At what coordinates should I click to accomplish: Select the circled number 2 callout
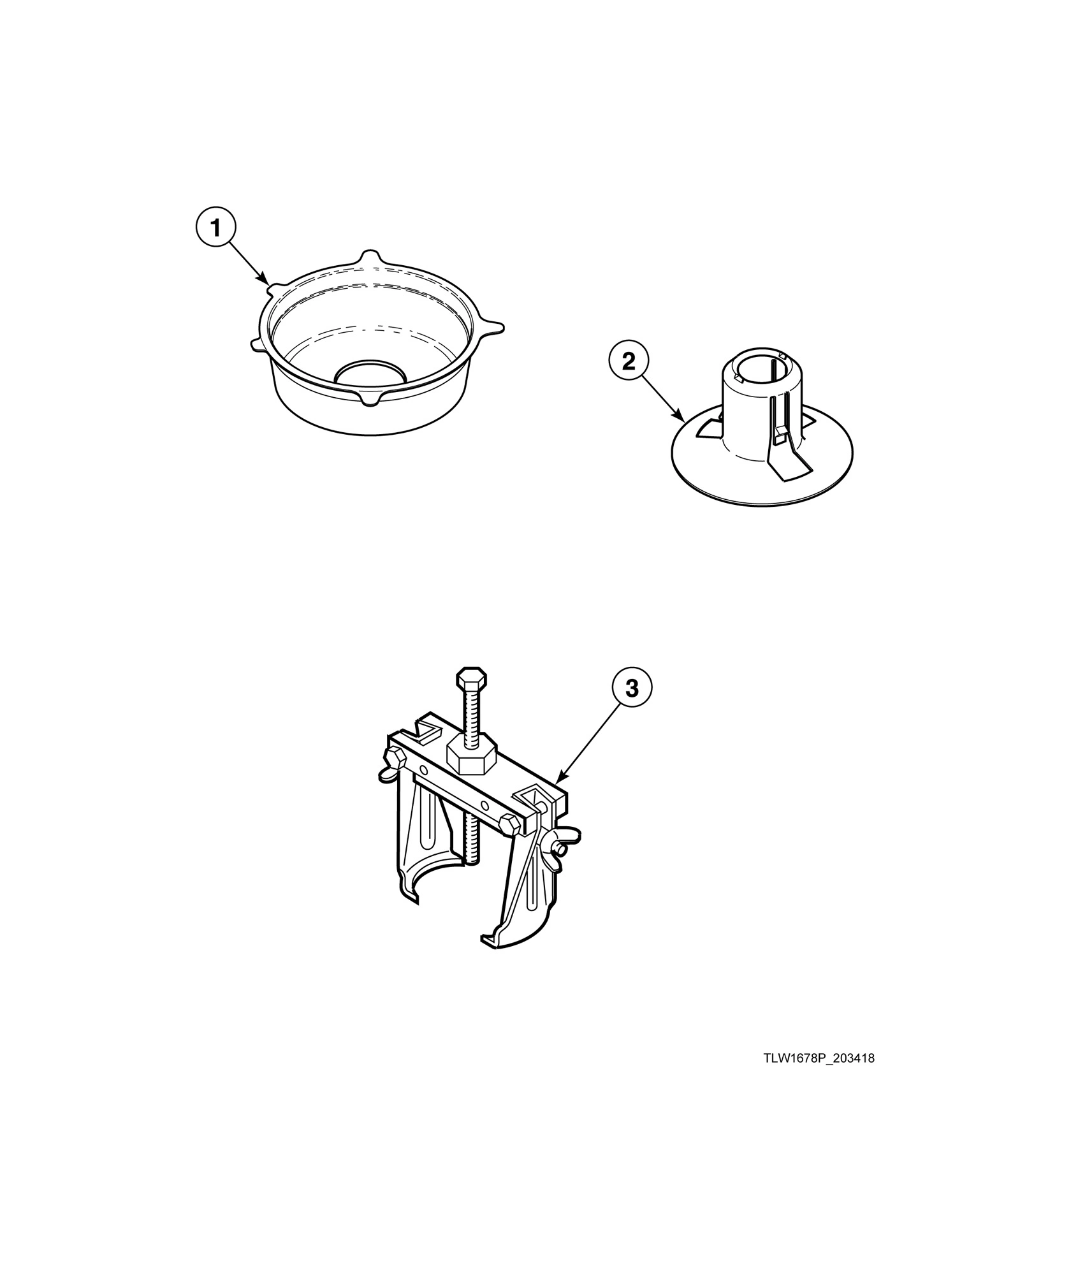click(628, 361)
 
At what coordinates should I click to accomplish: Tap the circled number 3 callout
click(631, 688)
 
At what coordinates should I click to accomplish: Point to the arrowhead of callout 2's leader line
click(684, 420)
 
